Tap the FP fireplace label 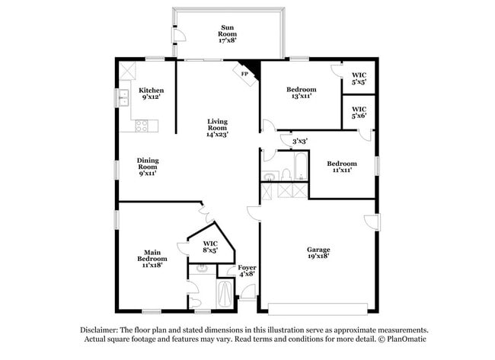(x=244, y=74)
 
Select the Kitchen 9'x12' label (x=150, y=94)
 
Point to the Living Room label (x=218, y=127)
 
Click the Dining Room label (x=147, y=167)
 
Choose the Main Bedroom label (x=152, y=260)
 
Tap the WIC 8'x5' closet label (x=210, y=246)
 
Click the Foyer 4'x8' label (x=247, y=271)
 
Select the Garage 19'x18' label (x=318, y=253)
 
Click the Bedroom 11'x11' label (x=342, y=167)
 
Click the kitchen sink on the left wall (x=123, y=97)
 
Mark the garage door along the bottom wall (x=318, y=309)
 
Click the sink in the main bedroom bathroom (x=201, y=268)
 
